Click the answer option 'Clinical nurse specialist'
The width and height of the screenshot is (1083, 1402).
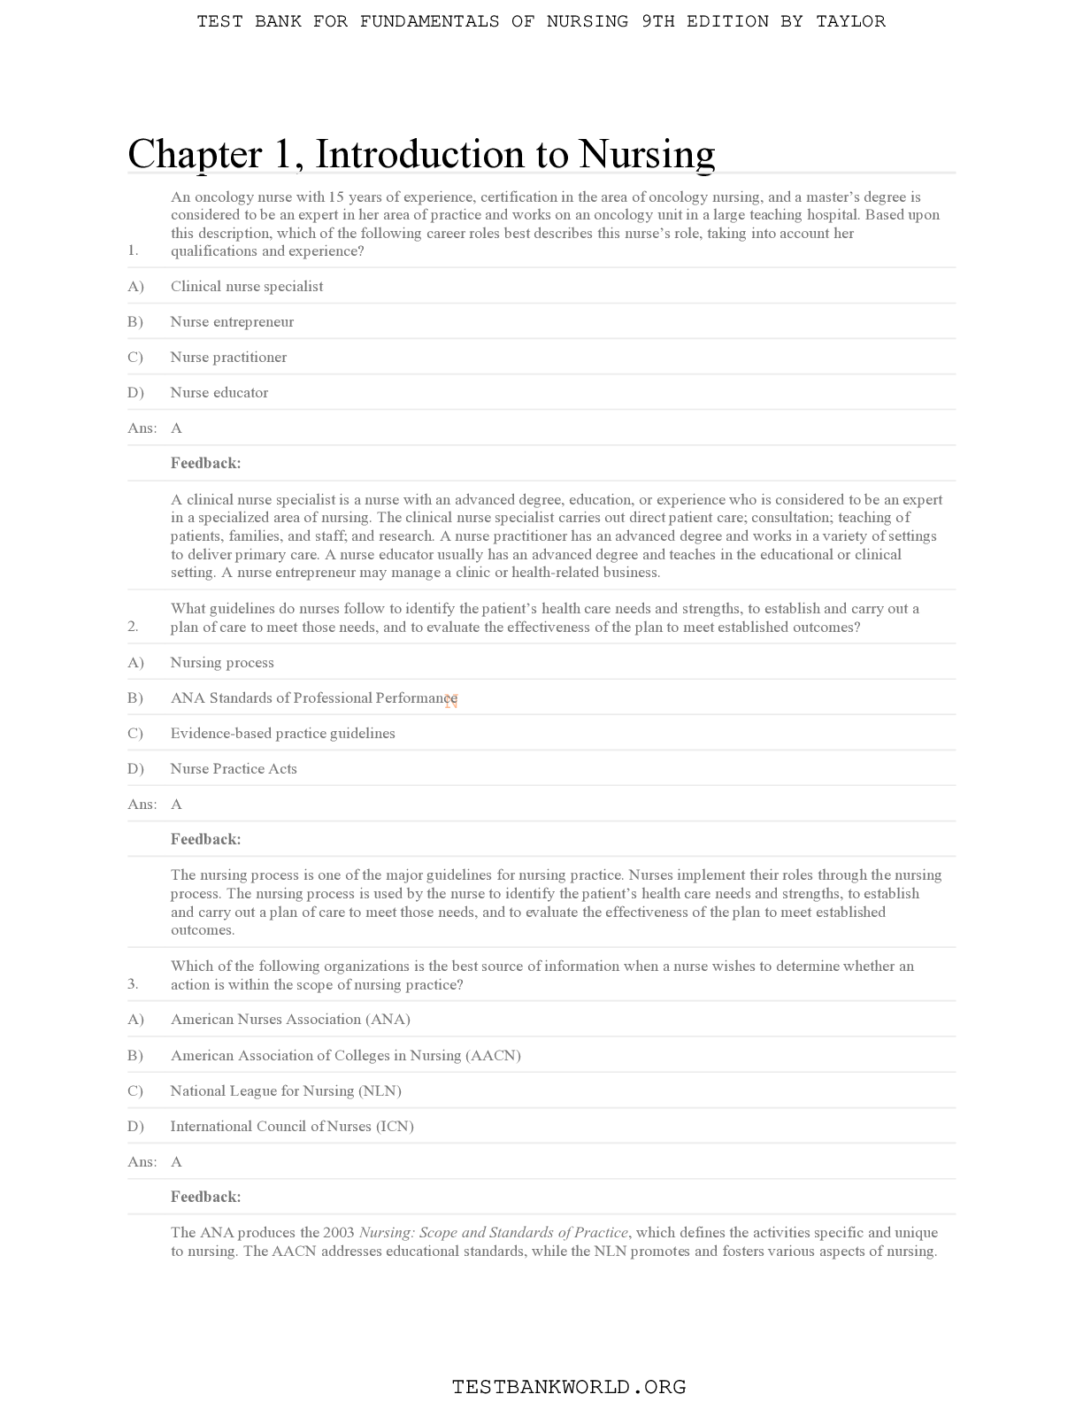coord(247,286)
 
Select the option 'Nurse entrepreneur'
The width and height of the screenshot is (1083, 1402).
coord(232,321)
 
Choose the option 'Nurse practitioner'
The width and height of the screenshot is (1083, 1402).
coord(228,357)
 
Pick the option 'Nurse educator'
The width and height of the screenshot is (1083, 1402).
coord(219,392)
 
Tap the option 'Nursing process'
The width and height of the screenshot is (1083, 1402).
coord(222,662)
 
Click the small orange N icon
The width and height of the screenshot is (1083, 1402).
coord(451,701)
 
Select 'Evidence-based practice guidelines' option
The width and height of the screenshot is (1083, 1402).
coord(283,733)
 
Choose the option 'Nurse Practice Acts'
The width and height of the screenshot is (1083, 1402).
coord(234,768)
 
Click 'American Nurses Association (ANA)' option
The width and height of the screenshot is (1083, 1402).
coord(290,1019)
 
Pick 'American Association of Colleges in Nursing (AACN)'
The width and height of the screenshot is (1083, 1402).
coord(346,1055)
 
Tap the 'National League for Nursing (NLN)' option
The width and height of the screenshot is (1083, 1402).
coord(286,1090)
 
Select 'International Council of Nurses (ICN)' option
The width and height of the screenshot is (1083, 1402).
coord(292,1126)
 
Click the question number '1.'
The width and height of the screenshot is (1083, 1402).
coord(133,250)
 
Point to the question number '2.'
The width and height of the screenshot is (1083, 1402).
coord(133,627)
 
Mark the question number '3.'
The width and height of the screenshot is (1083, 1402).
coord(133,983)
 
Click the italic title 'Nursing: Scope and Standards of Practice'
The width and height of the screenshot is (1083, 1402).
coord(494,1232)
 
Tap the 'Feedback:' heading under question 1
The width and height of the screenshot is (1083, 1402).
coord(205,463)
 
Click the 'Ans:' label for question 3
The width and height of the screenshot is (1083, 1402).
coord(142,1161)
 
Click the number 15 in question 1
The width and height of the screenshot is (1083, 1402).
coord(336,196)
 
